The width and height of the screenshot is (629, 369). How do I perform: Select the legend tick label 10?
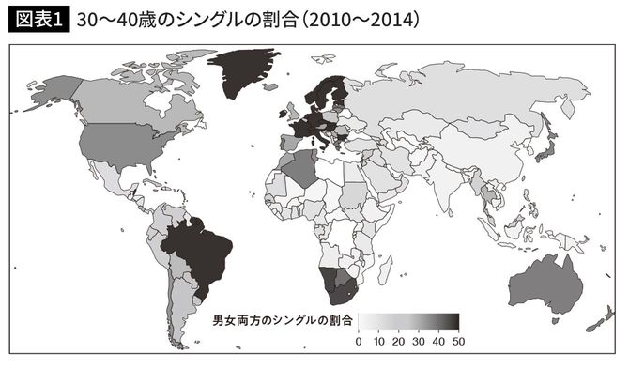[378, 343]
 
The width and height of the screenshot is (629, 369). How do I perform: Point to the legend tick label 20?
[398, 343]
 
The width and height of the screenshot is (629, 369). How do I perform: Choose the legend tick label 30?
[419, 343]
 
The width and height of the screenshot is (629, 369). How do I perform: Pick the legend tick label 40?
[438, 343]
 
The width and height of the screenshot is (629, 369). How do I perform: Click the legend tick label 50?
[458, 343]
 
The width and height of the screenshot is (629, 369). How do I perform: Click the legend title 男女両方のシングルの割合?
[282, 321]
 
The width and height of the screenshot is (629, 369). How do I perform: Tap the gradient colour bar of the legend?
[408, 322]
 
